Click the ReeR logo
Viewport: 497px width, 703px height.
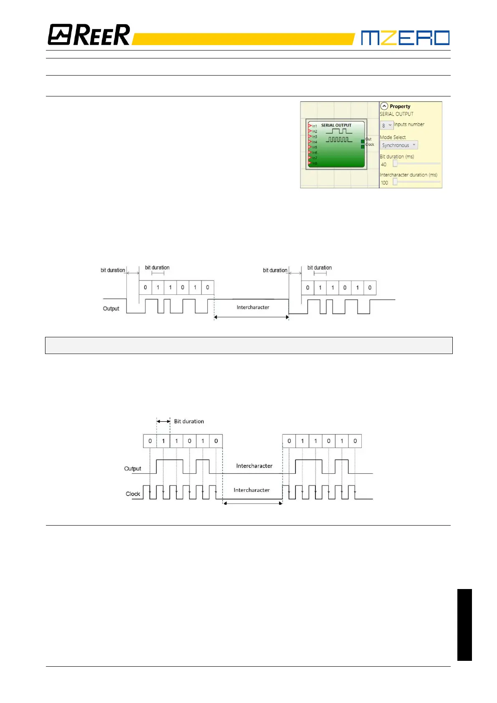(x=89, y=35)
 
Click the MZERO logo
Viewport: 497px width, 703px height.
(x=405, y=38)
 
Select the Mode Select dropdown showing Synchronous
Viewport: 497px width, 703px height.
(x=399, y=145)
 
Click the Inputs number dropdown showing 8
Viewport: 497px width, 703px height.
(x=386, y=125)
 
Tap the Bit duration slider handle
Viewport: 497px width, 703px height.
(x=395, y=164)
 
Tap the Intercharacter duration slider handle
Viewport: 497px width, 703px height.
(x=395, y=182)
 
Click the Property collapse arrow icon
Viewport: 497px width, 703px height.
(x=384, y=106)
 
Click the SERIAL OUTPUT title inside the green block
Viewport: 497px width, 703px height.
(x=336, y=125)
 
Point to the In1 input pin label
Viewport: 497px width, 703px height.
(x=314, y=126)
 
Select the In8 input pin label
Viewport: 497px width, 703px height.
(x=314, y=163)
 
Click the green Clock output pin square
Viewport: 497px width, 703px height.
(x=363, y=147)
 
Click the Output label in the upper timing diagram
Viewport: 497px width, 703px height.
(x=111, y=309)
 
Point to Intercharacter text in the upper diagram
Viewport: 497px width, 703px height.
(x=253, y=307)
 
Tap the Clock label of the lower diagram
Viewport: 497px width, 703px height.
(x=133, y=494)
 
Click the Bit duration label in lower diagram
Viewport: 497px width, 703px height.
(x=189, y=421)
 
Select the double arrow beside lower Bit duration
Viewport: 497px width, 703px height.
(x=163, y=421)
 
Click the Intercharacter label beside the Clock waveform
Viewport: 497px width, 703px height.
(x=252, y=490)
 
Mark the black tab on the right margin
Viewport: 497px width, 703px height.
(x=464, y=625)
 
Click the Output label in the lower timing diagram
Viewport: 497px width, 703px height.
(x=133, y=468)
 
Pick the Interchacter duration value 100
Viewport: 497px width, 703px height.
(x=384, y=183)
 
